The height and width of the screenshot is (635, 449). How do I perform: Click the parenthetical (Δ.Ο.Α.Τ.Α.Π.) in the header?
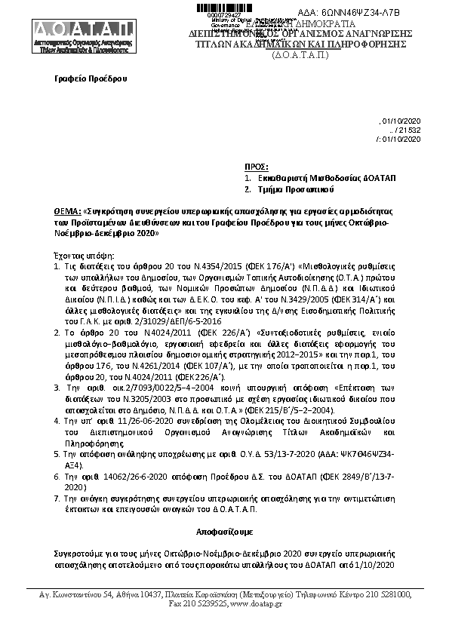300,55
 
